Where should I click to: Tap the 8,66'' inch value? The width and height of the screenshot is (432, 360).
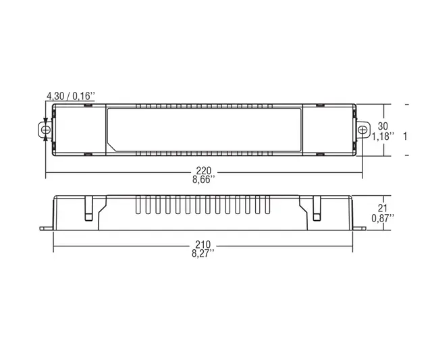tap(205, 181)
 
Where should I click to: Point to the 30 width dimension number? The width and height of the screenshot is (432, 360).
tap(382, 126)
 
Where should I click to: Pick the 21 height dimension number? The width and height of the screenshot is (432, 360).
tap(382, 209)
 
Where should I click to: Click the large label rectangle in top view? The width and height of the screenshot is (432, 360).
tap(205, 130)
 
